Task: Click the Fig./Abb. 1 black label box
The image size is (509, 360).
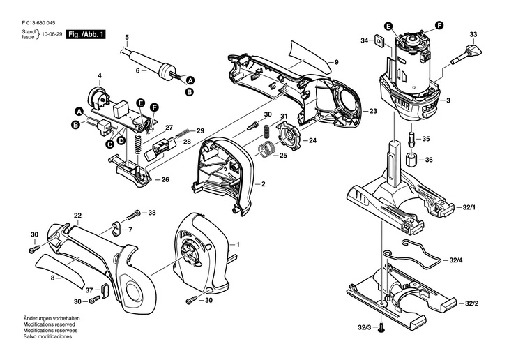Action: pos(84,33)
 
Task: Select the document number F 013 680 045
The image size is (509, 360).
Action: pos(40,20)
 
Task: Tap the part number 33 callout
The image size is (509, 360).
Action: pos(473,34)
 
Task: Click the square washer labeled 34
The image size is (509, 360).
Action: pos(379,40)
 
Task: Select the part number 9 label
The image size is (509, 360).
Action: pos(335,63)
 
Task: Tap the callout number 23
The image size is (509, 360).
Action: pos(373,111)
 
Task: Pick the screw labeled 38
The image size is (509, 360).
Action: pos(135,213)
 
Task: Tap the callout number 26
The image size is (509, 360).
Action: pos(165,179)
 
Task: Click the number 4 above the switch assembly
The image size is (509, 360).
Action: pos(99,75)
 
